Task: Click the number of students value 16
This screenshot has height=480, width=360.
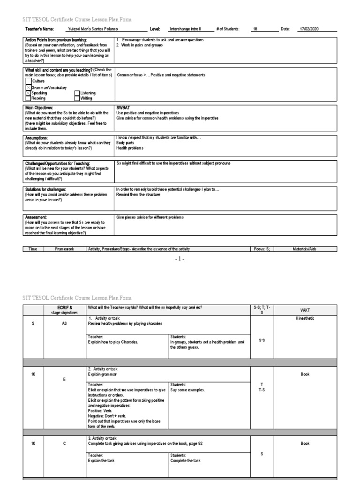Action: click(x=255, y=29)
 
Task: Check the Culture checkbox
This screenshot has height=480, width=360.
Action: click(x=28, y=82)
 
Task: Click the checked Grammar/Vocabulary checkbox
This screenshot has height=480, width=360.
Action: click(x=28, y=88)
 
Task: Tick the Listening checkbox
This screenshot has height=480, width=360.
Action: click(x=77, y=93)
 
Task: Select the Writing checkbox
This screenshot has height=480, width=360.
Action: click(x=77, y=99)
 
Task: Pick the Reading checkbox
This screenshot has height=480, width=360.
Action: click(x=28, y=99)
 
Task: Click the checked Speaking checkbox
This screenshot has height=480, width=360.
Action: click(x=28, y=93)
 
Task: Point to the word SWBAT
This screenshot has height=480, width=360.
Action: click(x=123, y=108)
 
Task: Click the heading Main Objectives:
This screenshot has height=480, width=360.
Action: click(x=39, y=108)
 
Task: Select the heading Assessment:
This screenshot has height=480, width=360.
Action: click(x=36, y=217)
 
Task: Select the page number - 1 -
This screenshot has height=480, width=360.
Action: click(x=180, y=259)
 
